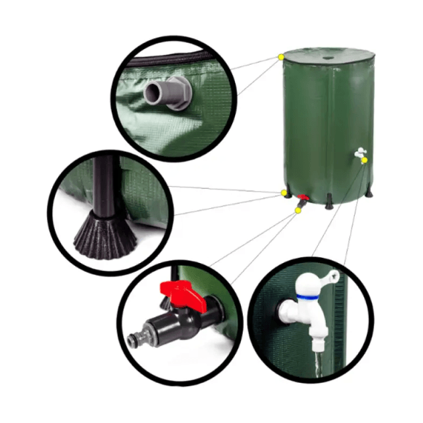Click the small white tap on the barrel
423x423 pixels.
point(359,153)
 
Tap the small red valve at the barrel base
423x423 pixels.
point(303,199)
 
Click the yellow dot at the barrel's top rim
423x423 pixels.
point(281,58)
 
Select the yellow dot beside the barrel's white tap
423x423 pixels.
point(365,161)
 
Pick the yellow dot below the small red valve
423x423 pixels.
point(298,210)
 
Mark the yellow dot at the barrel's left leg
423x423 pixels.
point(284,193)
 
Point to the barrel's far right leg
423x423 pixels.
point(369,193)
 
